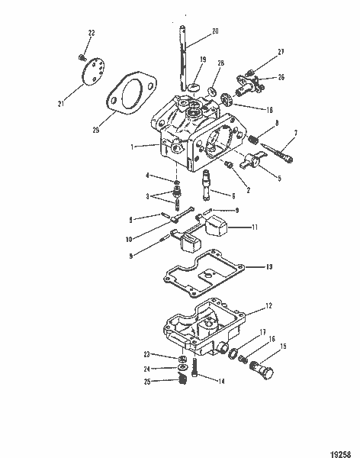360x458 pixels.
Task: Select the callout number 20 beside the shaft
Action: tap(215, 31)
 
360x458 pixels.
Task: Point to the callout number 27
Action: tap(281, 51)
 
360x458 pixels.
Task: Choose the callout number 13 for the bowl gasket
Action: tap(268, 267)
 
